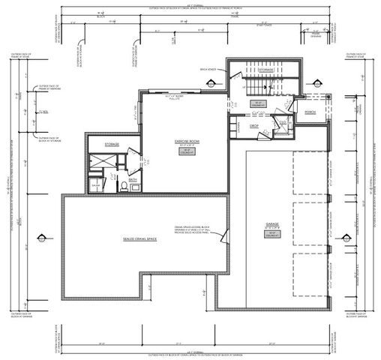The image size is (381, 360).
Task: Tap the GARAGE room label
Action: point(271,223)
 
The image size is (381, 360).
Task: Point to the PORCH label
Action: point(310,112)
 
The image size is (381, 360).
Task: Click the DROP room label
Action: point(254,125)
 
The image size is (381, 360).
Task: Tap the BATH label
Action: point(133,179)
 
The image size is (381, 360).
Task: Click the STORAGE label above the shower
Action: point(112,142)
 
